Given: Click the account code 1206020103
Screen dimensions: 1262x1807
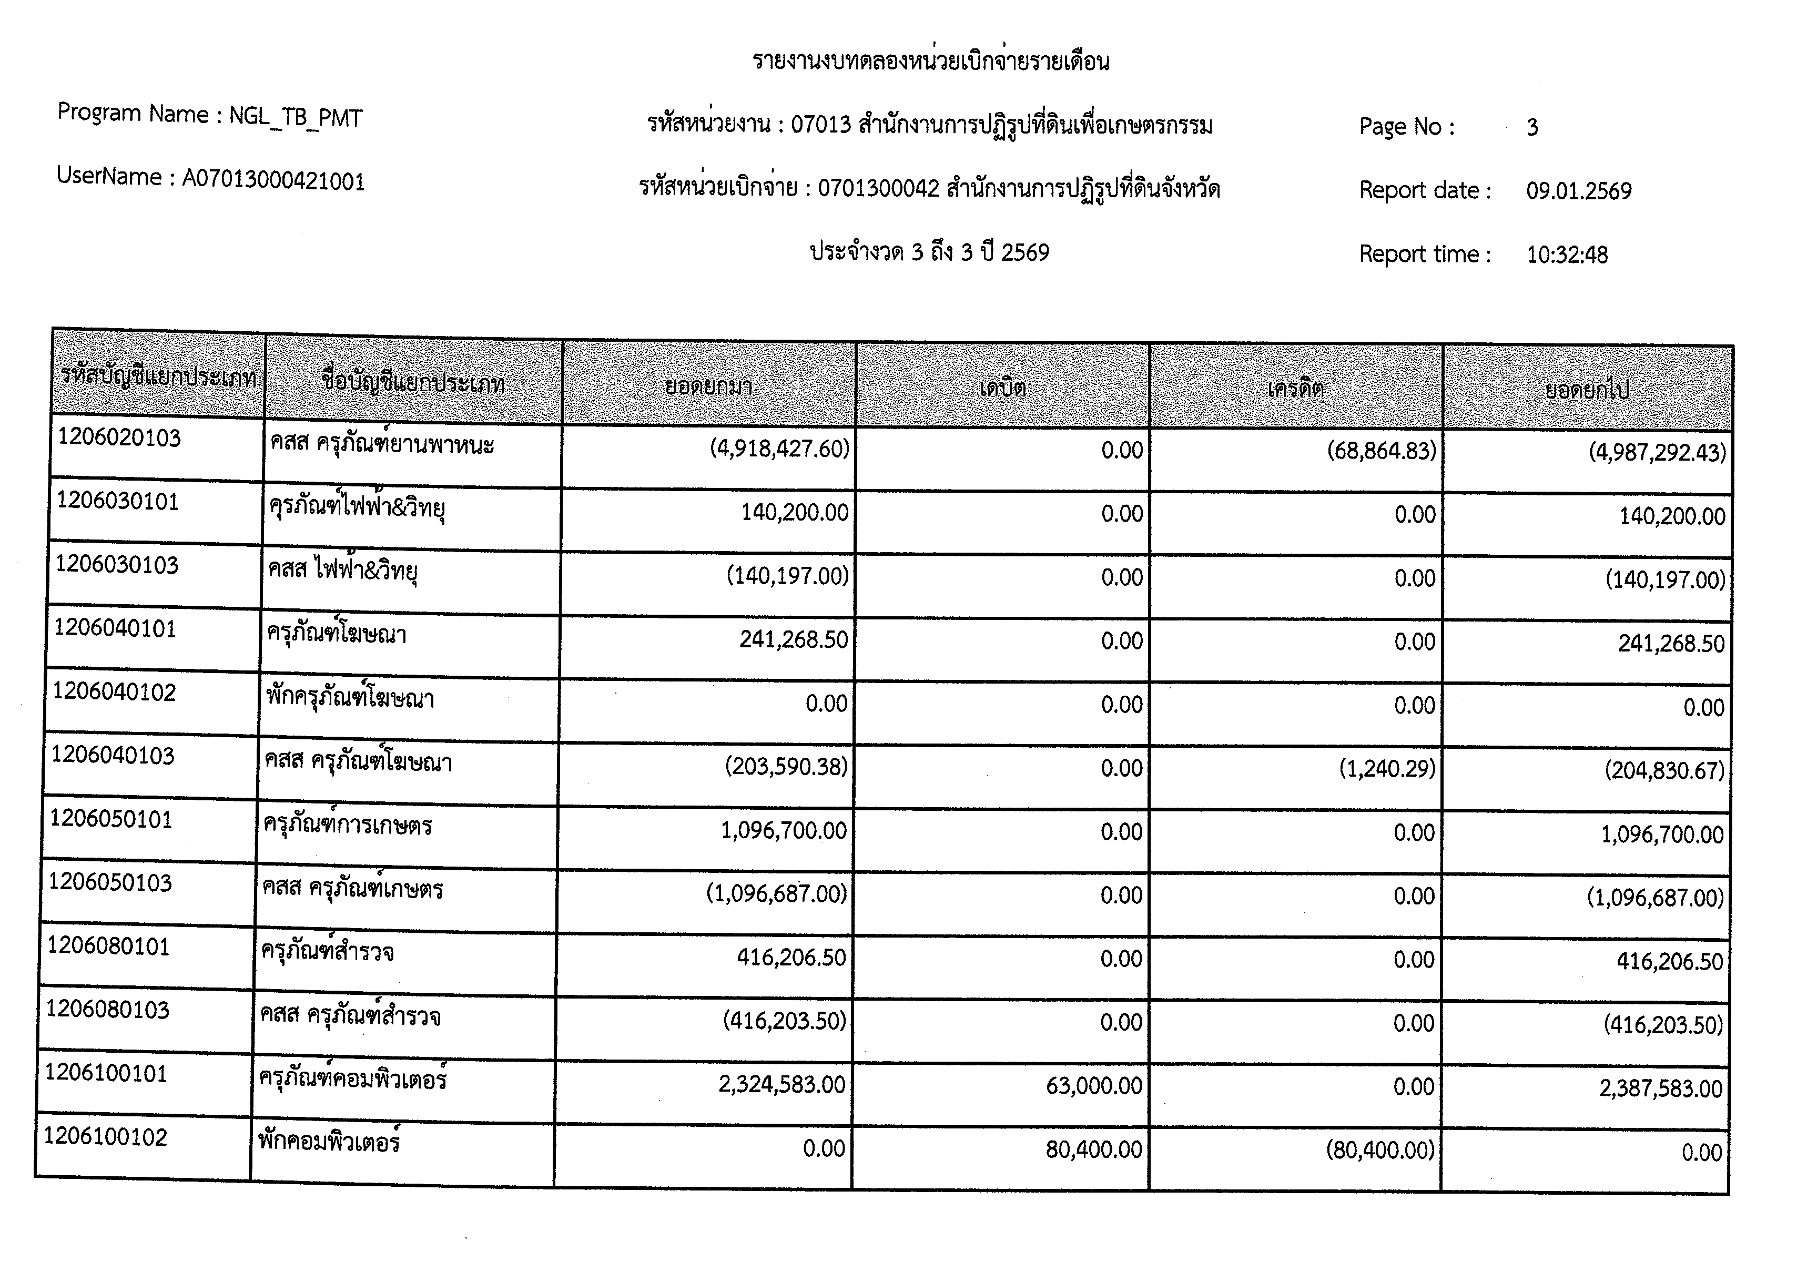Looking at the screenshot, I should [x=119, y=437].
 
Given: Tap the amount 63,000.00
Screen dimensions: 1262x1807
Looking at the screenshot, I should [x=1093, y=1086].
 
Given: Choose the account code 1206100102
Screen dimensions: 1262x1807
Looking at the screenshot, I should [x=106, y=1137].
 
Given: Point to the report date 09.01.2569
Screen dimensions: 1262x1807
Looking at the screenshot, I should [x=1578, y=191].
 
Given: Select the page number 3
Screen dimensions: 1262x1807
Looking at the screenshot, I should [x=1531, y=127].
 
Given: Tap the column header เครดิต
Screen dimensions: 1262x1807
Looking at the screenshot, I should [x=1295, y=389].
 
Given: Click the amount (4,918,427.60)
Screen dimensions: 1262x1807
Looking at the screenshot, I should [x=779, y=449].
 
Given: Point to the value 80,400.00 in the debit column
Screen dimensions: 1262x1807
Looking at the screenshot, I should [x=1093, y=1149].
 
